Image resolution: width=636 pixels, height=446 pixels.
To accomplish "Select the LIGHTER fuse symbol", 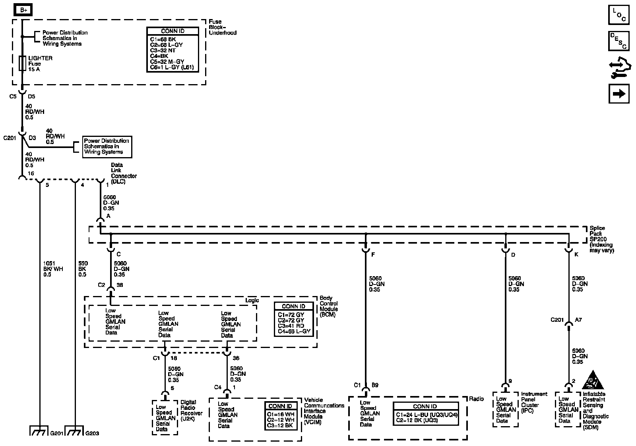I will [23, 63].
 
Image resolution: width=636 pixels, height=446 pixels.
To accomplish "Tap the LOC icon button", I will [619, 15].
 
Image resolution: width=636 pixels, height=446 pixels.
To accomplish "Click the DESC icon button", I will [619, 41].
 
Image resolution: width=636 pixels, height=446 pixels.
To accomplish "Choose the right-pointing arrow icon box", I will [619, 94].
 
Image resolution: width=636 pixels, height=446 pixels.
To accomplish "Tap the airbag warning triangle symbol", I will [593, 381].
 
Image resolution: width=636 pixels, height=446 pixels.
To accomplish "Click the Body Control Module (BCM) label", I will [329, 306].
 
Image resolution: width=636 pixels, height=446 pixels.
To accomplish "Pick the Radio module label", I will [476, 399].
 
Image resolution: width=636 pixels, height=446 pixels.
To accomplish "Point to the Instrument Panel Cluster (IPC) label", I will [534, 402].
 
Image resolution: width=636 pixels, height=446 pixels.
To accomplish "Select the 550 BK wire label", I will [83, 269].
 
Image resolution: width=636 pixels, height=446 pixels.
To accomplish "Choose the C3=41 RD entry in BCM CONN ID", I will [291, 326].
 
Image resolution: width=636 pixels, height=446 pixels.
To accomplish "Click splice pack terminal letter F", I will [373, 255].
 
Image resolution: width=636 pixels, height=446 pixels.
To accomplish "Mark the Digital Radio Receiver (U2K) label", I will [191, 410].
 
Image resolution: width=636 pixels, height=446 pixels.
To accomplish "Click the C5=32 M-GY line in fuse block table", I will [167, 62].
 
